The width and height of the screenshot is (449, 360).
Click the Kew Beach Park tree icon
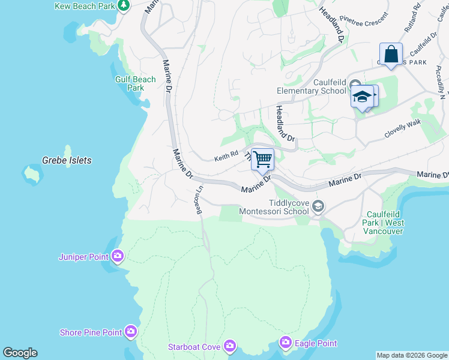click(124, 6)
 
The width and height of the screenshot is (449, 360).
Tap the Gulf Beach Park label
click(136, 83)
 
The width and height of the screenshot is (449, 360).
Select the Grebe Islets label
click(67, 160)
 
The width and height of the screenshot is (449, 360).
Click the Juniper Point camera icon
click(117, 257)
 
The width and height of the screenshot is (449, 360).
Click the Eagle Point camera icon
click(286, 343)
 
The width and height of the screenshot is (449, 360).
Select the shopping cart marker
click(262, 160)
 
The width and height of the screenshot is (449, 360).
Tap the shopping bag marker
click(391, 54)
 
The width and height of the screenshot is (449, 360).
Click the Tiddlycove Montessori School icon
click(318, 207)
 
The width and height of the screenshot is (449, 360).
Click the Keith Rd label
click(226, 157)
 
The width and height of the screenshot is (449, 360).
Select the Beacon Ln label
click(199, 200)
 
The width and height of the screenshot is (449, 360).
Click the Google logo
click(20, 353)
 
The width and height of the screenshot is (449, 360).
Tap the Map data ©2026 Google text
click(412, 355)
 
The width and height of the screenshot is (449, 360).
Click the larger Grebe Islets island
click(32, 175)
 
